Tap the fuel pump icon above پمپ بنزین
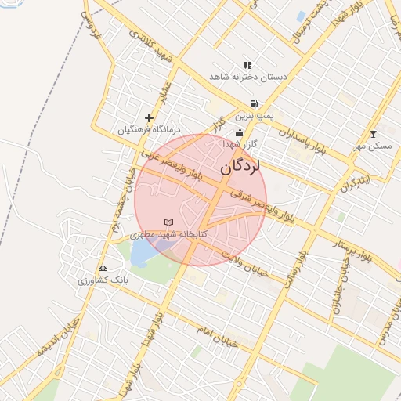click(253, 103)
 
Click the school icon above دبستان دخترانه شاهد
click(247, 65)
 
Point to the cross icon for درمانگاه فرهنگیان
click(149, 117)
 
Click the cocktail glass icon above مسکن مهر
click(372, 134)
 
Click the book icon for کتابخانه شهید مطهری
click(168, 223)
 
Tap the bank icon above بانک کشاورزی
click(103, 268)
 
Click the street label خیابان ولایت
click(244, 264)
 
